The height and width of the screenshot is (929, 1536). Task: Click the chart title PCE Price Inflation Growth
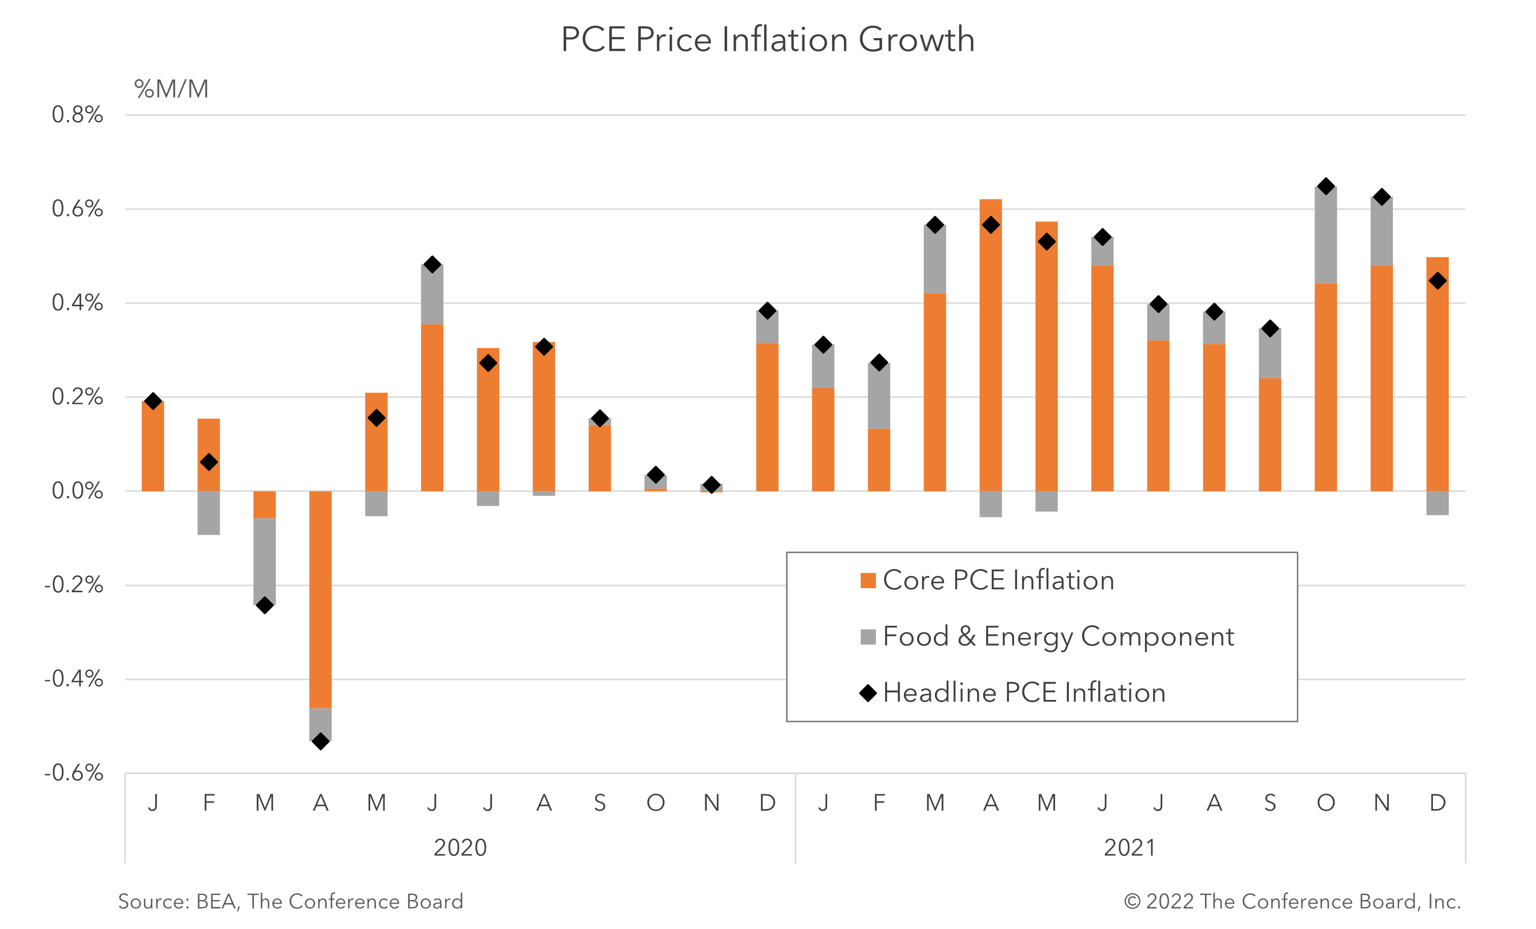(767, 40)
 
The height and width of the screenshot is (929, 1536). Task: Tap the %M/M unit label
(172, 89)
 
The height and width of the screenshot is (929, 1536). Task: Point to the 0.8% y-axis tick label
(77, 115)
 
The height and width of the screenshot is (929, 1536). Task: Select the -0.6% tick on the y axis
(74, 773)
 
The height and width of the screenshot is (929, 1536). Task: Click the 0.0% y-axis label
(77, 491)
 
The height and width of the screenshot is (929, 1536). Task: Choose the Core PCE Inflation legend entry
(997, 581)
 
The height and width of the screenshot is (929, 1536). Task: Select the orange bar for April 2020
(320, 598)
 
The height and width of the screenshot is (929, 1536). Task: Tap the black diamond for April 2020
(320, 742)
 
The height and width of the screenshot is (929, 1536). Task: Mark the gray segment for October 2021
(1325, 235)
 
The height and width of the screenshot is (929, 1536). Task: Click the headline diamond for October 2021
(1325, 186)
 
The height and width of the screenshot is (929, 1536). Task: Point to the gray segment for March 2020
(265, 561)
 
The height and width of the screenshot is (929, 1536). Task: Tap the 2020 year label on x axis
(460, 848)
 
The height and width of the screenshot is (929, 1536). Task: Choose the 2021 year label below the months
(1130, 848)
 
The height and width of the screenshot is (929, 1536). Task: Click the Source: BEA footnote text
(290, 902)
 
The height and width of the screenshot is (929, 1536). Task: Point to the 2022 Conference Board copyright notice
(1292, 902)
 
